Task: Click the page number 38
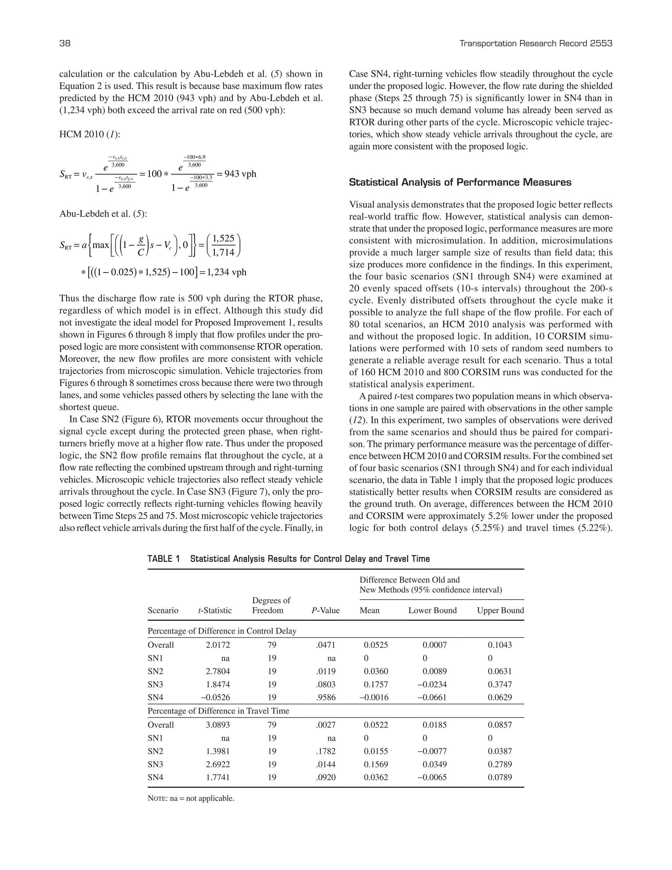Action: pos(65,43)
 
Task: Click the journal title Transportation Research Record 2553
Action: pos(535,43)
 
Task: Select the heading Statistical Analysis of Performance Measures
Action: pos(460,183)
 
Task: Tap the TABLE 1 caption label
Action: pos(164,558)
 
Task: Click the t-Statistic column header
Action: pos(215,610)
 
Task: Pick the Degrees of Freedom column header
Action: pos(271,605)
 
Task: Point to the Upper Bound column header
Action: pos(500,610)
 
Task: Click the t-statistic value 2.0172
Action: pos(218,645)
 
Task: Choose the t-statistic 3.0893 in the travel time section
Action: pos(218,725)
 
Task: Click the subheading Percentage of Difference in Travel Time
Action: pos(218,711)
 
